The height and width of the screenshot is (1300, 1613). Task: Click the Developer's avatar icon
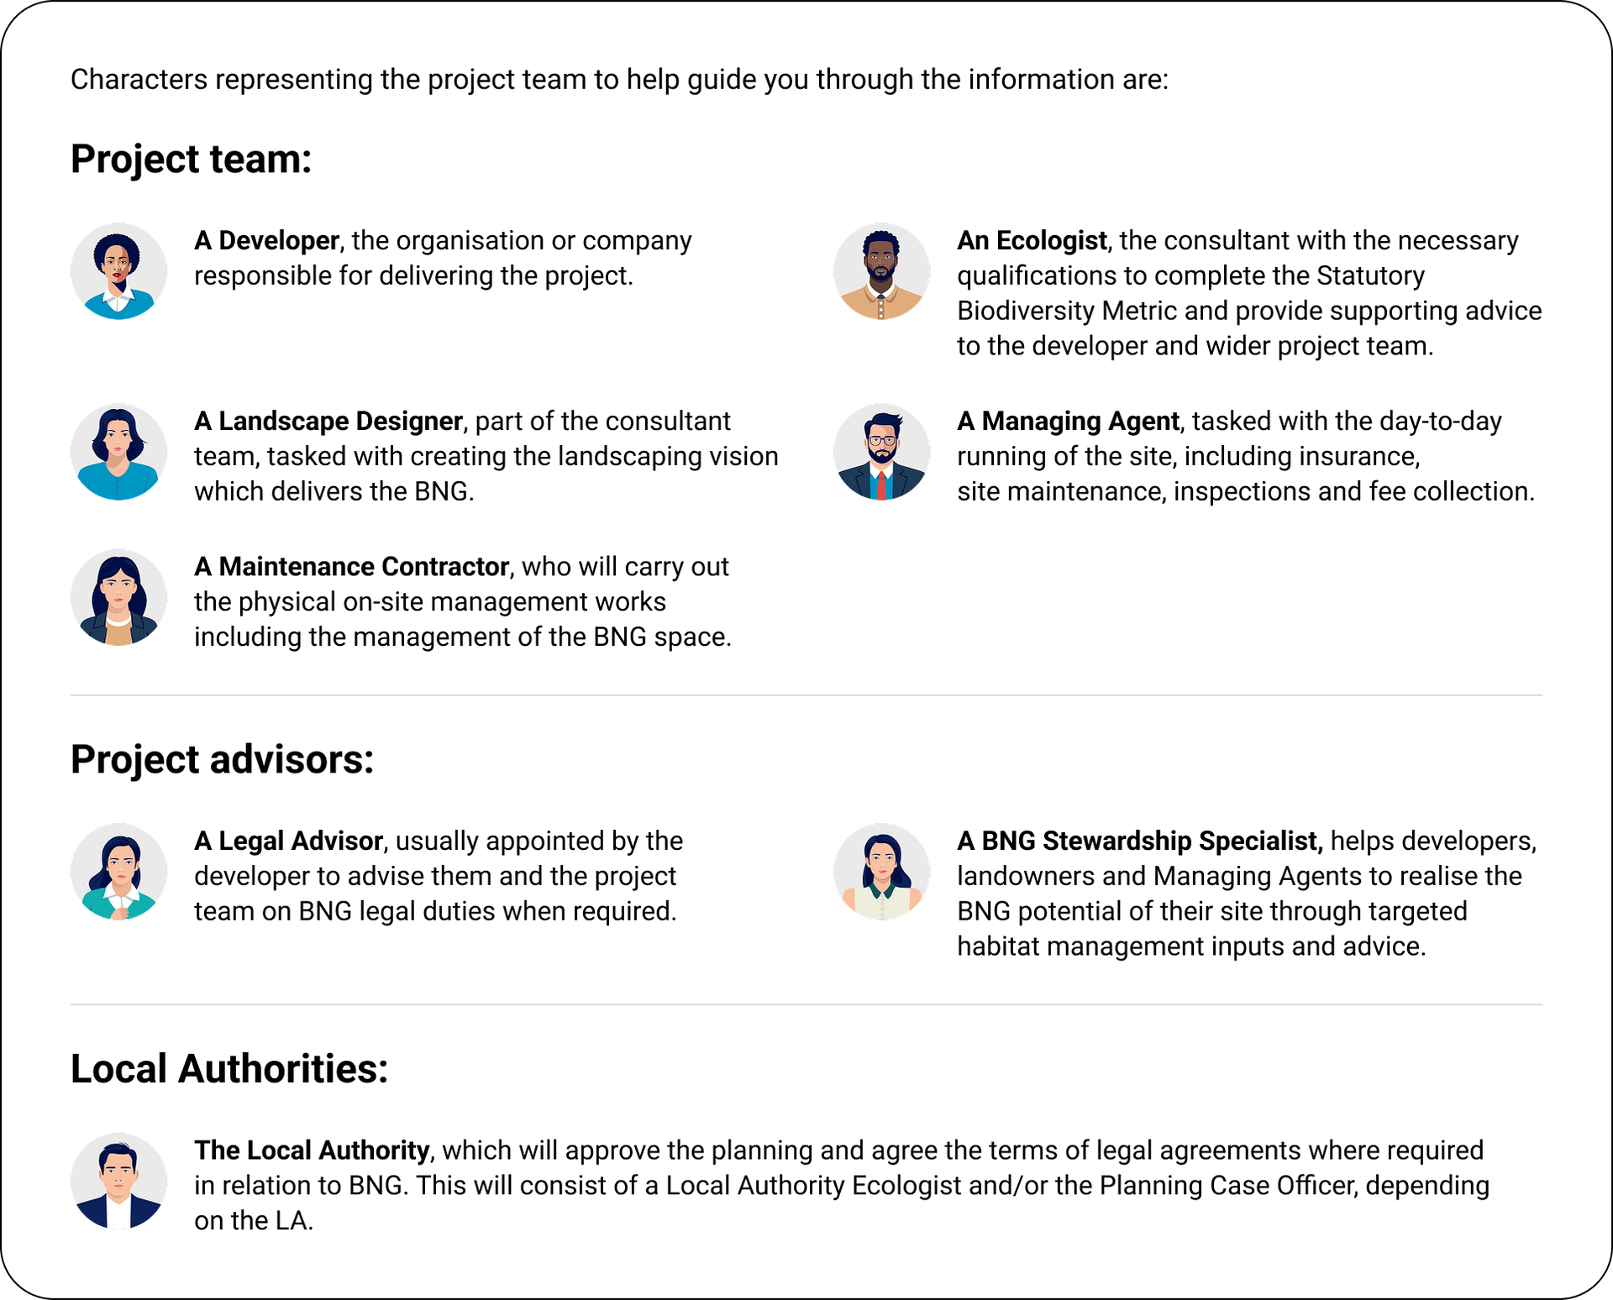coord(118,271)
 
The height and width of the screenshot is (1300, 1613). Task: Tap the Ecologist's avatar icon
coord(881,271)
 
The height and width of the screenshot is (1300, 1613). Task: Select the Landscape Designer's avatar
coord(118,452)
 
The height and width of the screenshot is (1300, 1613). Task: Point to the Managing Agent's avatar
coord(881,452)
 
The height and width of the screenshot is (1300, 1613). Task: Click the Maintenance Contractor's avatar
coord(118,597)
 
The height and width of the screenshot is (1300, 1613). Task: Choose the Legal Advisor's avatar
coord(118,872)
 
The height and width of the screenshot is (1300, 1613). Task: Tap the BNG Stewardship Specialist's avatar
coord(881,872)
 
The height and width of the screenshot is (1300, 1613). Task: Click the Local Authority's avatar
coord(118,1181)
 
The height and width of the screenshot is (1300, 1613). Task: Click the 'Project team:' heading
coord(192,160)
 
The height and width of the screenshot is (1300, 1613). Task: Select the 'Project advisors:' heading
coord(223,760)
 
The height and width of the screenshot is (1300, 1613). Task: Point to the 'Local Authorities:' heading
coord(229,1069)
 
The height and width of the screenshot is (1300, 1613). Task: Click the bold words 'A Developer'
coord(266,241)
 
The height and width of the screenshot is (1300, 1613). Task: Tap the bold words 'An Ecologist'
coord(1032,241)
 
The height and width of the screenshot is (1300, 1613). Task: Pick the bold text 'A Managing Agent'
coord(1068,422)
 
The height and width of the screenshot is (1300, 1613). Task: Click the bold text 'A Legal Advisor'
coord(289,841)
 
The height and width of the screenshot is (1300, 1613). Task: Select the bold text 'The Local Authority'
coord(312,1151)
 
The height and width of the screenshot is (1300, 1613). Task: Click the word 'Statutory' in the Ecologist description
coord(1370,276)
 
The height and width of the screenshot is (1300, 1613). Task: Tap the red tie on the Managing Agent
coord(880,485)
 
